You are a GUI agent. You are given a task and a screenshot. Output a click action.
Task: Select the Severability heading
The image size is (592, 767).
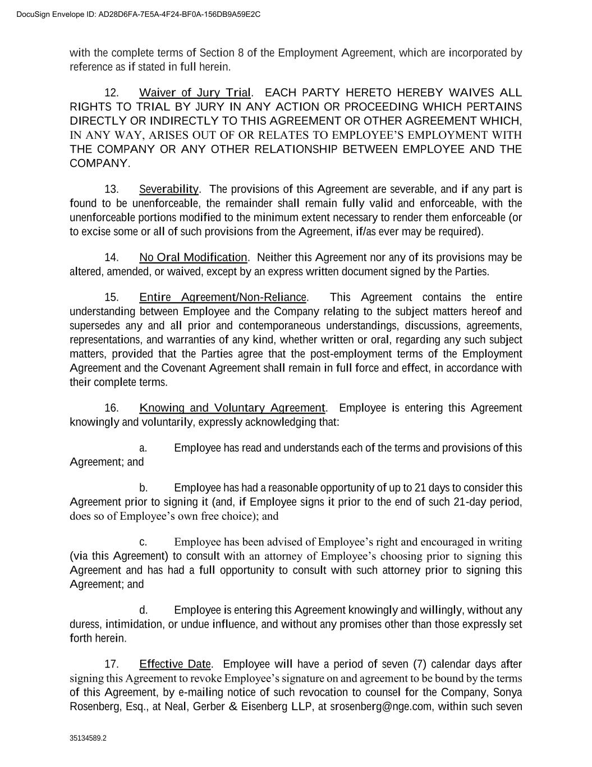[x=169, y=189]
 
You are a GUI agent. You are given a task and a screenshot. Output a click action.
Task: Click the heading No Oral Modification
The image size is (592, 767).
[x=193, y=258]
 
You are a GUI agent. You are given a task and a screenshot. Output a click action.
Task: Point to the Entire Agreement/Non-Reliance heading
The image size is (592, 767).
[x=223, y=297]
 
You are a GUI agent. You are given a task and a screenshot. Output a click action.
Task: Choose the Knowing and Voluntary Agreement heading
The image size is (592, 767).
[x=232, y=408]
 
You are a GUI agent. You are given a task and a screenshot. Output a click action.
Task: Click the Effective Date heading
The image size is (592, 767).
[x=175, y=664]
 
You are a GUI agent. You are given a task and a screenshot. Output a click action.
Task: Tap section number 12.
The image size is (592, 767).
[x=112, y=93]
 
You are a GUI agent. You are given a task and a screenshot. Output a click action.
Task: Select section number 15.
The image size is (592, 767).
[x=112, y=297]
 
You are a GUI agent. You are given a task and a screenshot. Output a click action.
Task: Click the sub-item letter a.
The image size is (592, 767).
[x=143, y=448]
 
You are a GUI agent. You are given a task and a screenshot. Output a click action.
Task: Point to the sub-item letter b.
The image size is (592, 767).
[x=143, y=488]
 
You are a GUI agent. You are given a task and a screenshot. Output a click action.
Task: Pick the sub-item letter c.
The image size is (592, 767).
[x=143, y=542]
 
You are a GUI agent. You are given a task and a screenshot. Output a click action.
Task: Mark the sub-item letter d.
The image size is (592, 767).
[x=143, y=610]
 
